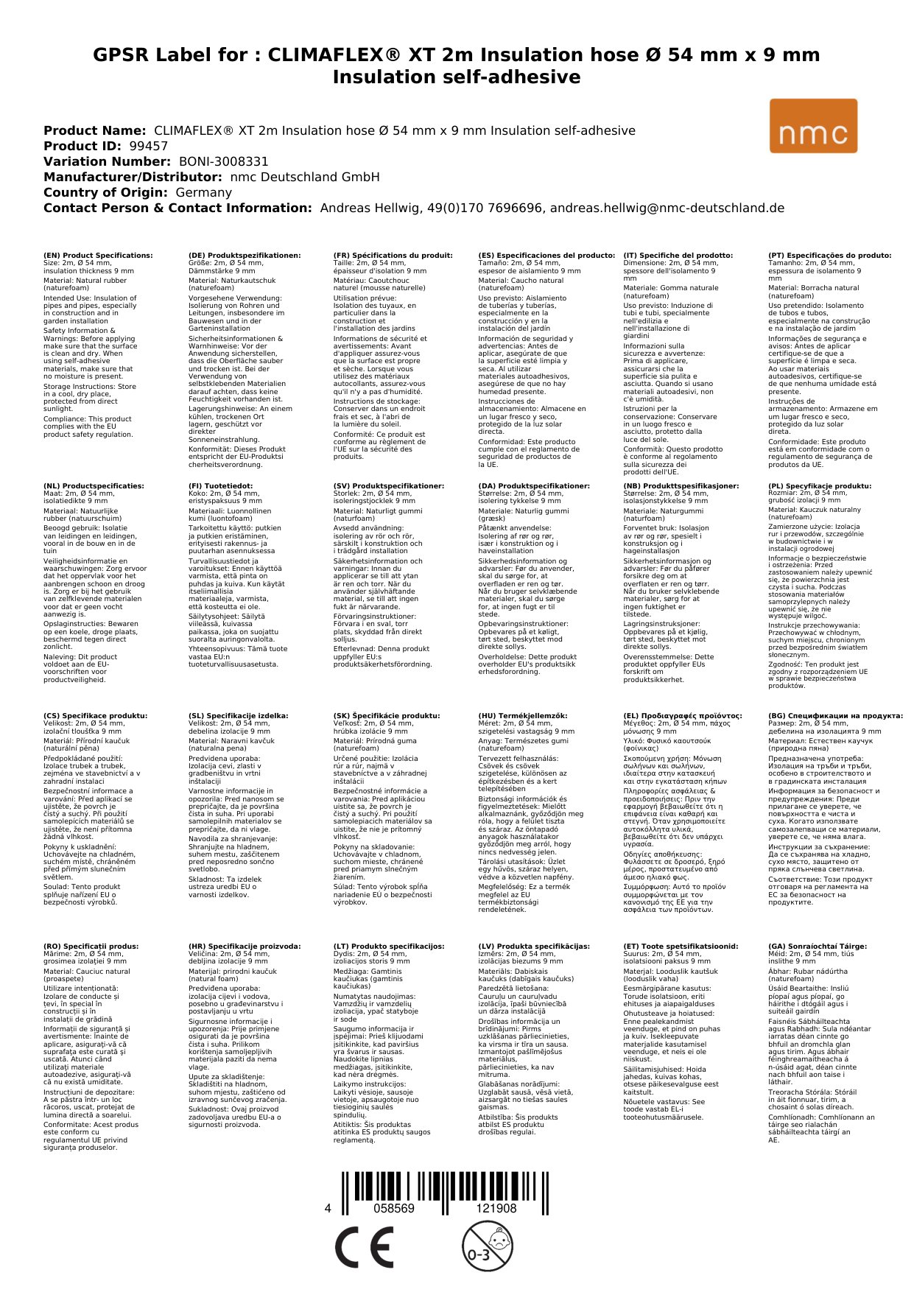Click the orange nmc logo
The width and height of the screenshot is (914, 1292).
813,126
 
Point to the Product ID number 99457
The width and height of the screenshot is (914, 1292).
148,146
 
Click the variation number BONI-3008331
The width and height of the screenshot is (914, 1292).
223,161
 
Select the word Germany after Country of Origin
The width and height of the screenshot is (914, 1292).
203,192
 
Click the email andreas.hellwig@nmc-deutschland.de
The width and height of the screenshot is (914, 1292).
667,208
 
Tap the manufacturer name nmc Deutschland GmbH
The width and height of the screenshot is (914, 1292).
305,177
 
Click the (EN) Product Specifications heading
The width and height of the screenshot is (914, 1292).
98,256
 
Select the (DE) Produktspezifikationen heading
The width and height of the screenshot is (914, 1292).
245,256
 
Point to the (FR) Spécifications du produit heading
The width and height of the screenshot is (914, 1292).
393,256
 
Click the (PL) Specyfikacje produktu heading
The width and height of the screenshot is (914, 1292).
820,486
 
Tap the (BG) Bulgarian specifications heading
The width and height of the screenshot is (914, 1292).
835,716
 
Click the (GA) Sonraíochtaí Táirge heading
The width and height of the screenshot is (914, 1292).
818,947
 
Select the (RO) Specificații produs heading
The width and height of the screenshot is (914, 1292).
91,947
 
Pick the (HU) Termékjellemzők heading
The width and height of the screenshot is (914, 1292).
523,716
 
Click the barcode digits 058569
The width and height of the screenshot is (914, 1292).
394,1208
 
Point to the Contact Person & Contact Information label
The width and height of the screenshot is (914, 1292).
177,208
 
